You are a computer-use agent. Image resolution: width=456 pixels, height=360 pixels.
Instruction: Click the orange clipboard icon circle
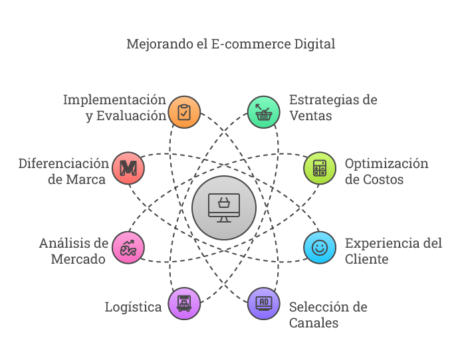click(x=184, y=112)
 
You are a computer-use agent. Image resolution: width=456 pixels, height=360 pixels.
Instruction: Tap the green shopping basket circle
click(x=264, y=112)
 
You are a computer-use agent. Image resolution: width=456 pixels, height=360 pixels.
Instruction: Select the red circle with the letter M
click(x=128, y=168)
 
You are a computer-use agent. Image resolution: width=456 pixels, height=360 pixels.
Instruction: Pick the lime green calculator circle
click(x=320, y=168)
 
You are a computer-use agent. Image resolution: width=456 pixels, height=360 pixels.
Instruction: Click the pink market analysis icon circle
click(x=128, y=248)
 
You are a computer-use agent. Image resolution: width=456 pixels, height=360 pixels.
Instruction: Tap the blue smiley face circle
click(x=320, y=248)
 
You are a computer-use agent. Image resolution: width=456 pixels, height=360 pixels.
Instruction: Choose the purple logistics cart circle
click(x=184, y=304)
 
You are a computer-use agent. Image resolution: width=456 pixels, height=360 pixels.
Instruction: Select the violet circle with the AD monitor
click(x=264, y=304)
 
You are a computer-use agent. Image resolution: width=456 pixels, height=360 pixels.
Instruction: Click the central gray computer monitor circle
click(x=224, y=208)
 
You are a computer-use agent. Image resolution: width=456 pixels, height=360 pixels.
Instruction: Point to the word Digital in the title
click(x=314, y=45)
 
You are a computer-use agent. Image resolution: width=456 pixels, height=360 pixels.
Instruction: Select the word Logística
click(x=133, y=308)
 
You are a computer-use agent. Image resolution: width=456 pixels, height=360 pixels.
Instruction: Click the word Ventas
click(x=310, y=116)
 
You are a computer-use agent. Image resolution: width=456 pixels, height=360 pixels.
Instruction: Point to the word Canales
click(x=314, y=323)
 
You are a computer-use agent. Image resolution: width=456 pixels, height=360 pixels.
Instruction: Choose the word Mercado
click(x=78, y=259)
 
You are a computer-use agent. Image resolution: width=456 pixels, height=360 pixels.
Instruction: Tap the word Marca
click(x=86, y=179)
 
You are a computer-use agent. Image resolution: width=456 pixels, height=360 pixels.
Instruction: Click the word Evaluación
click(x=132, y=116)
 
